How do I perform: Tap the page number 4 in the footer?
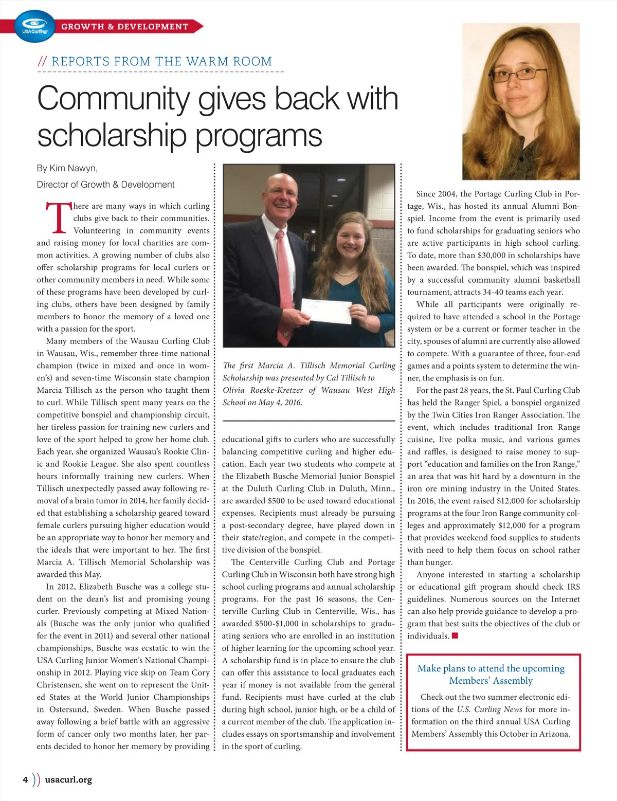tap(25, 779)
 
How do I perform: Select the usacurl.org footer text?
tap(68, 779)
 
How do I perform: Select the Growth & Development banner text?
tap(125, 26)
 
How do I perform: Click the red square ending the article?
tap(455, 636)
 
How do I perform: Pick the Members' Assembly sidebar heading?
tap(491, 674)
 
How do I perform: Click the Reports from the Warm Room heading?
tap(161, 61)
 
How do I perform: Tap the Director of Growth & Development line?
tap(105, 185)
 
